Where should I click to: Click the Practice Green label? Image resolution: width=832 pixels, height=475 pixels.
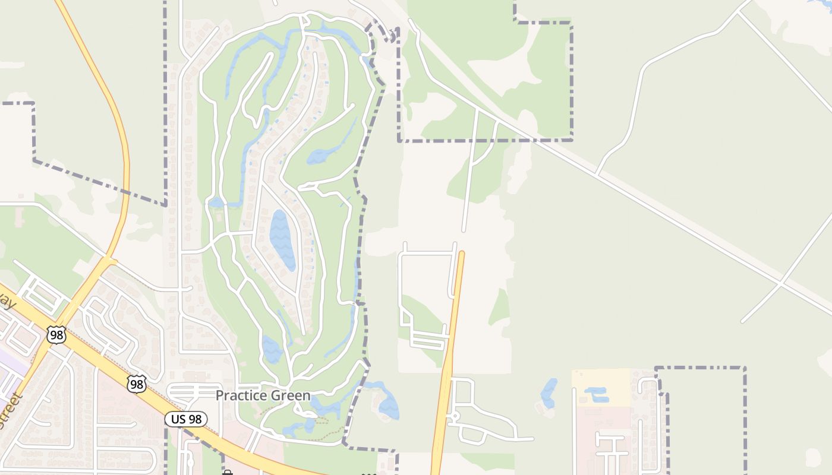click(x=263, y=395)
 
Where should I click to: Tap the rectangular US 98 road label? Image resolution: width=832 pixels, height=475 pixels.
click(x=186, y=419)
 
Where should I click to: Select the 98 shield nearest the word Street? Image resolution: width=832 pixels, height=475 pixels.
click(x=56, y=335)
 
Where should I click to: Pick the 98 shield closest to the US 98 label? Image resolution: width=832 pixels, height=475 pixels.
click(x=137, y=384)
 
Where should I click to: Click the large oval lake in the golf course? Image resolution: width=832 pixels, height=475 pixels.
click(x=282, y=239)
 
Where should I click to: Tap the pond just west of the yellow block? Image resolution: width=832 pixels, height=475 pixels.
click(x=549, y=391)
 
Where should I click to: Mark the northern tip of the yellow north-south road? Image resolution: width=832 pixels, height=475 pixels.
click(x=461, y=253)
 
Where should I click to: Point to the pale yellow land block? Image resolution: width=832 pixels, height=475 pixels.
click(x=600, y=387)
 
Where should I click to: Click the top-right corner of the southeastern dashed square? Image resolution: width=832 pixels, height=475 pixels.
click(x=744, y=368)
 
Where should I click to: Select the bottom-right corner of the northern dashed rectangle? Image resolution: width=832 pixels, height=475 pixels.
click(x=572, y=140)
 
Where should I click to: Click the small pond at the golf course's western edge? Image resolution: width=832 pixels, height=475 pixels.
click(x=216, y=202)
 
